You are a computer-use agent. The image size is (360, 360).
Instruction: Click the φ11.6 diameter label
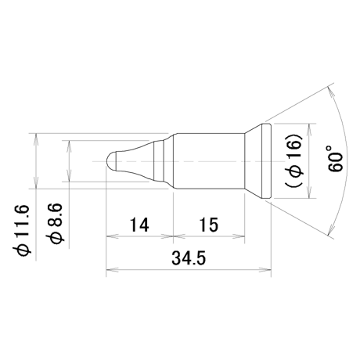[x=21, y=229]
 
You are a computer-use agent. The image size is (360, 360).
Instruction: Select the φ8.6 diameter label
[x=55, y=223]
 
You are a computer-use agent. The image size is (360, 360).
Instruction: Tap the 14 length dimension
[x=139, y=225]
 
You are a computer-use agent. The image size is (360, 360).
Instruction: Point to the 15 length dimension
[x=209, y=225]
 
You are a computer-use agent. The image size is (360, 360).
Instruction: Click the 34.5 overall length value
[x=189, y=258]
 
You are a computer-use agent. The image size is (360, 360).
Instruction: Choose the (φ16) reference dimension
[x=294, y=161]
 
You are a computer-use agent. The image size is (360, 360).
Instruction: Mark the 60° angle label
[x=335, y=159]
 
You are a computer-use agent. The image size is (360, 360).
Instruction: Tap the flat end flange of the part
[x=266, y=161]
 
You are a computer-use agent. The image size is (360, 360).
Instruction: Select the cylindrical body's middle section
[x=209, y=161]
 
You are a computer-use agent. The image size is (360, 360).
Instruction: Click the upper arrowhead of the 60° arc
[x=330, y=92]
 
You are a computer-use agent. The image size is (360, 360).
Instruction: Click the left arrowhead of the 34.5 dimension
[x=112, y=269]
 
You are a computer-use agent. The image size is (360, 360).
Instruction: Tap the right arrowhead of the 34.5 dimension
[x=265, y=269]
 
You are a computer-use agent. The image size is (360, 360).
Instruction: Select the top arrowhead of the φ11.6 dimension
[x=36, y=139]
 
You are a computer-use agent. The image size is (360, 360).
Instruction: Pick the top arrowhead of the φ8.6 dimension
[x=69, y=146]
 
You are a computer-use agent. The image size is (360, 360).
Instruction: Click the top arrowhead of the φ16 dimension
[x=309, y=130]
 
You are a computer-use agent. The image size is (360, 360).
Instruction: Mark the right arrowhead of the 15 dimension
[x=239, y=236]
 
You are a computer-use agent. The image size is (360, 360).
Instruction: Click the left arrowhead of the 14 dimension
[x=112, y=236]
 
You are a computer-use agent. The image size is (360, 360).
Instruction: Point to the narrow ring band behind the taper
[x=159, y=161]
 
